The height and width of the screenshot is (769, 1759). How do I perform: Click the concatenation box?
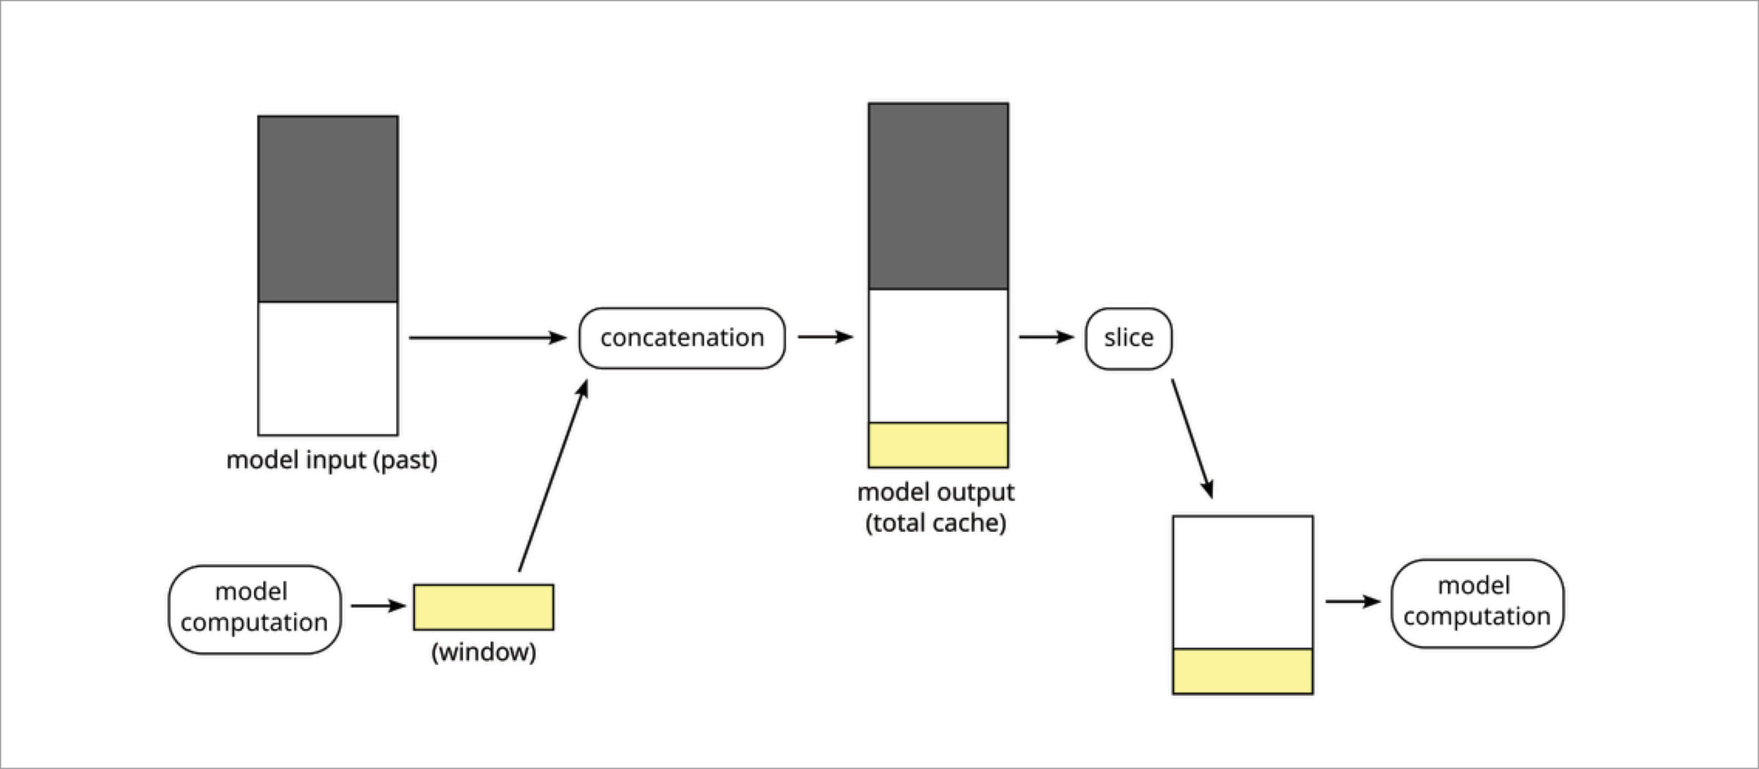[681, 338]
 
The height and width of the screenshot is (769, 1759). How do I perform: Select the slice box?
[1128, 338]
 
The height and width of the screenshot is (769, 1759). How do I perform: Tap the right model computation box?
[1477, 603]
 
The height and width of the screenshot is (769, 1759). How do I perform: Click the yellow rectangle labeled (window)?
[483, 607]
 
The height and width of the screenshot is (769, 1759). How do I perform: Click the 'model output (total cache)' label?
[936, 507]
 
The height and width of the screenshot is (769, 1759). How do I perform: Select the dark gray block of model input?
[328, 209]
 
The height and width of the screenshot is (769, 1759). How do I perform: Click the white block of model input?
[328, 369]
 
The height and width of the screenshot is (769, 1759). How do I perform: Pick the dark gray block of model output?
[938, 196]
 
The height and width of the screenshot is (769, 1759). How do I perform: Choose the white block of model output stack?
[938, 356]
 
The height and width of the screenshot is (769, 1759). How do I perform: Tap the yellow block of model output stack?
[938, 445]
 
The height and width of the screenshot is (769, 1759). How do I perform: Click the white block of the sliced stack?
[1243, 583]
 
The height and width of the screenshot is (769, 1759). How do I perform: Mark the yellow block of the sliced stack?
[1243, 671]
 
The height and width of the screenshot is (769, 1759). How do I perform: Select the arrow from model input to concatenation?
[487, 338]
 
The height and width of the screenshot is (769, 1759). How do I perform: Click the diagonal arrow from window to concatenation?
[553, 476]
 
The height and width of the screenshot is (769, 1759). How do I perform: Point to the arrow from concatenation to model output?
[825, 338]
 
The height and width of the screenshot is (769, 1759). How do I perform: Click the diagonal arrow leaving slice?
[1192, 439]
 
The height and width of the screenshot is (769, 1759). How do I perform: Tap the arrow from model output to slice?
[1046, 338]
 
